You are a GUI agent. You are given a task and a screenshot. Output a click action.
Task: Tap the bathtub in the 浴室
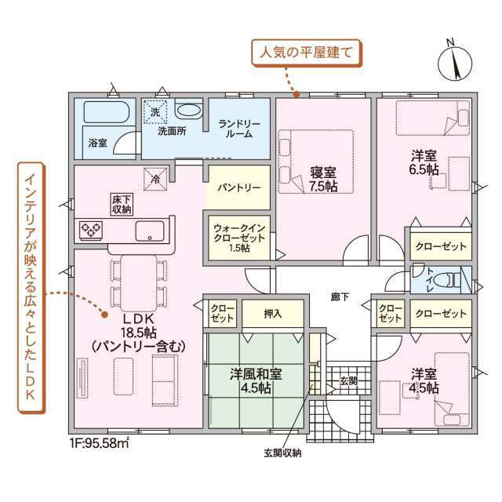[x=107, y=112]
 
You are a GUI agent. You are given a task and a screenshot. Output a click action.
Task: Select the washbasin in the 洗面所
[x=188, y=111]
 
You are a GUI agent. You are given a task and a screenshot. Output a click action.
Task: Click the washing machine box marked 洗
[x=155, y=111]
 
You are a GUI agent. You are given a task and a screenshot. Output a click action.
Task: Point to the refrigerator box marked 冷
[x=155, y=179]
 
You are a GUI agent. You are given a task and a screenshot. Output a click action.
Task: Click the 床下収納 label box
[x=122, y=204]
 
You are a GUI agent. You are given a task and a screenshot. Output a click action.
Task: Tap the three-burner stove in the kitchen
[x=91, y=230]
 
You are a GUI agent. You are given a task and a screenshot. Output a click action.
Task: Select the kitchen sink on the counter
[x=150, y=231]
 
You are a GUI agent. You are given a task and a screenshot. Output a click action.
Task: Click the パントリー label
[x=238, y=187]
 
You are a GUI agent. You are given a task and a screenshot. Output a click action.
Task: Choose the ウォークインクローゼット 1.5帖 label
[x=239, y=238]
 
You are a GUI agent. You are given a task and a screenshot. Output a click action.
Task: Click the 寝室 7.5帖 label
[x=323, y=180]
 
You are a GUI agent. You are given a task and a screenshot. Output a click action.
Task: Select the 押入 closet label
[x=273, y=314]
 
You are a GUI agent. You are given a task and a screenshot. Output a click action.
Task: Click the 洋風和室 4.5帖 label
[x=256, y=381]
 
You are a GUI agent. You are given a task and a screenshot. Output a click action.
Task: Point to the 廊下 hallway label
[x=340, y=297]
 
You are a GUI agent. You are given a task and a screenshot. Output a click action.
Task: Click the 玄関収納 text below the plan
[x=282, y=453]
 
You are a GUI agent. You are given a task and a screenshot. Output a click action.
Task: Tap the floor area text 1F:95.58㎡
[x=100, y=443]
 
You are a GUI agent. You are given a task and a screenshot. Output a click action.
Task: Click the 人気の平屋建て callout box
[x=307, y=53]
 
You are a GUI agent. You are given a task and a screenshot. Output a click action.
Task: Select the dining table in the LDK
[x=139, y=283]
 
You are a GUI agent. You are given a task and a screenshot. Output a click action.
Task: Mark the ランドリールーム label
[x=239, y=129]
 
